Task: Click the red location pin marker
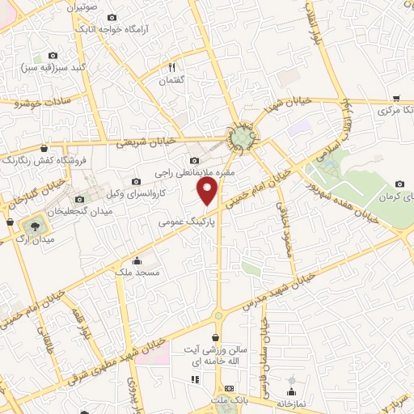click(x=209, y=192)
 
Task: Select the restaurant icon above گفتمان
click(x=171, y=67)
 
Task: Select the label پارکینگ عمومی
click(x=188, y=219)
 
